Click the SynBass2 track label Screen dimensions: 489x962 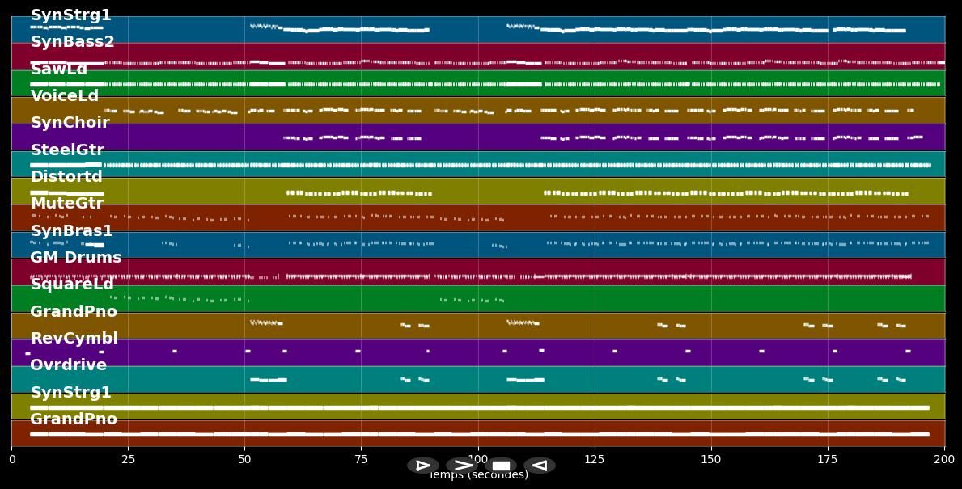coord(72,42)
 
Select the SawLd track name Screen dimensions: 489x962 coord(58,70)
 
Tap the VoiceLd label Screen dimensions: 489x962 coord(64,96)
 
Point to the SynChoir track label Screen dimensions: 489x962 coord(70,123)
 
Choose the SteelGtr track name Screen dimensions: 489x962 coord(67,150)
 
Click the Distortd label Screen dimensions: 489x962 coord(66,177)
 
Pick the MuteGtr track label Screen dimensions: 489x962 coord(66,204)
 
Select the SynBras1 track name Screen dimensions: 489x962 coord(71,231)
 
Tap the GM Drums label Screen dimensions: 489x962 coord(75,258)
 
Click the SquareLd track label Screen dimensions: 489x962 coord(72,285)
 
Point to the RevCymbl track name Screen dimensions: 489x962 coord(74,339)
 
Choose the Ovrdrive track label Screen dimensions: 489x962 coord(68,365)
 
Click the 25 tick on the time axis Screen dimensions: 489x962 coord(128,459)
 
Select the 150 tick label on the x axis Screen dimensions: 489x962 coord(711,459)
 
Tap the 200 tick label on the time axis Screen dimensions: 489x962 coord(944,459)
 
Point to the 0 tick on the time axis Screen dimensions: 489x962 coord(11,459)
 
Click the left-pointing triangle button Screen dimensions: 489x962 coord(540,466)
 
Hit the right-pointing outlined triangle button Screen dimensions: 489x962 coord(422,466)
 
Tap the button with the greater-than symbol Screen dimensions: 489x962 coord(462,466)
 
